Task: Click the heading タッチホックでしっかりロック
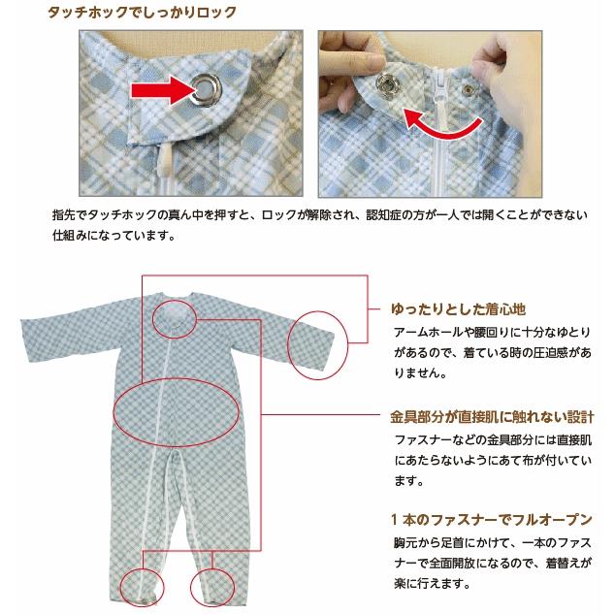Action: pos(142,13)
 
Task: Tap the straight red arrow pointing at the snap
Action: pos(164,91)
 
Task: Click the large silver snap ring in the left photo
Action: pos(207,88)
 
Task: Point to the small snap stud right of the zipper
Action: pos(468,90)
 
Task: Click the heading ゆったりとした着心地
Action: pos(458,309)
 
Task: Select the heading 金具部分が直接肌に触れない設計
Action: pos(492,416)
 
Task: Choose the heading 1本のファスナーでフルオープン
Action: pos(492,520)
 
